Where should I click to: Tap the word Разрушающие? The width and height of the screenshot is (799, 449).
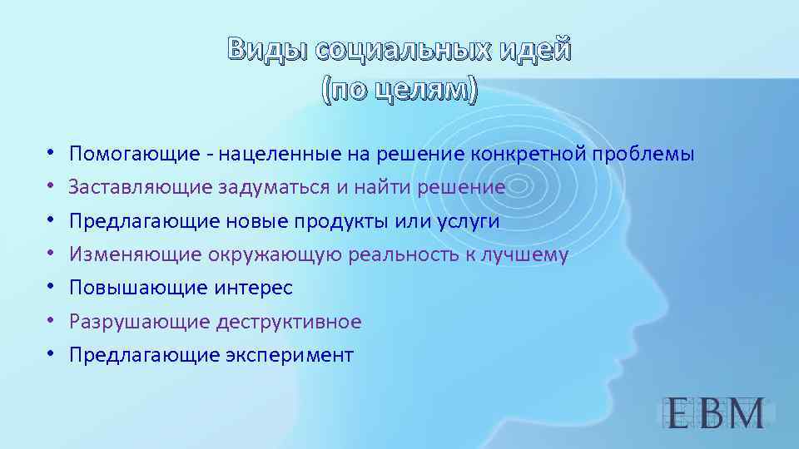click(136, 322)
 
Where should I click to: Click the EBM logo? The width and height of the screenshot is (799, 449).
click(715, 413)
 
